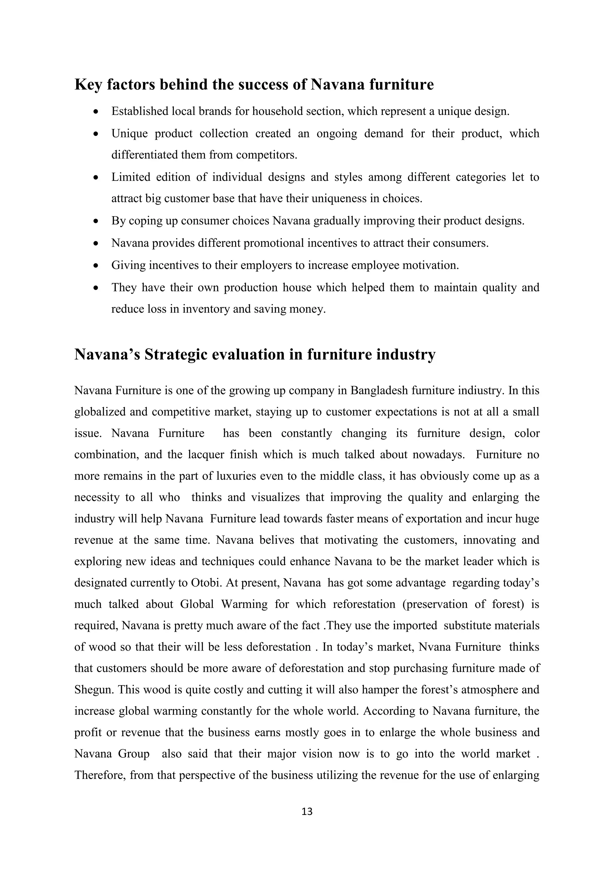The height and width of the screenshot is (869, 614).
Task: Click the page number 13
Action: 307,811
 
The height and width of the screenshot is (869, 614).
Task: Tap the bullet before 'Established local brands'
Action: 97,112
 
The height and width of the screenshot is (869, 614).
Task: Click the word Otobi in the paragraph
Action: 206,583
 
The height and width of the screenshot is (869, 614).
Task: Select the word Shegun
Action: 94,690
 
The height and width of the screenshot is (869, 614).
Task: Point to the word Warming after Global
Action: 244,604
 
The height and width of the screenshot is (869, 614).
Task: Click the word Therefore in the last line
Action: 100,775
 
